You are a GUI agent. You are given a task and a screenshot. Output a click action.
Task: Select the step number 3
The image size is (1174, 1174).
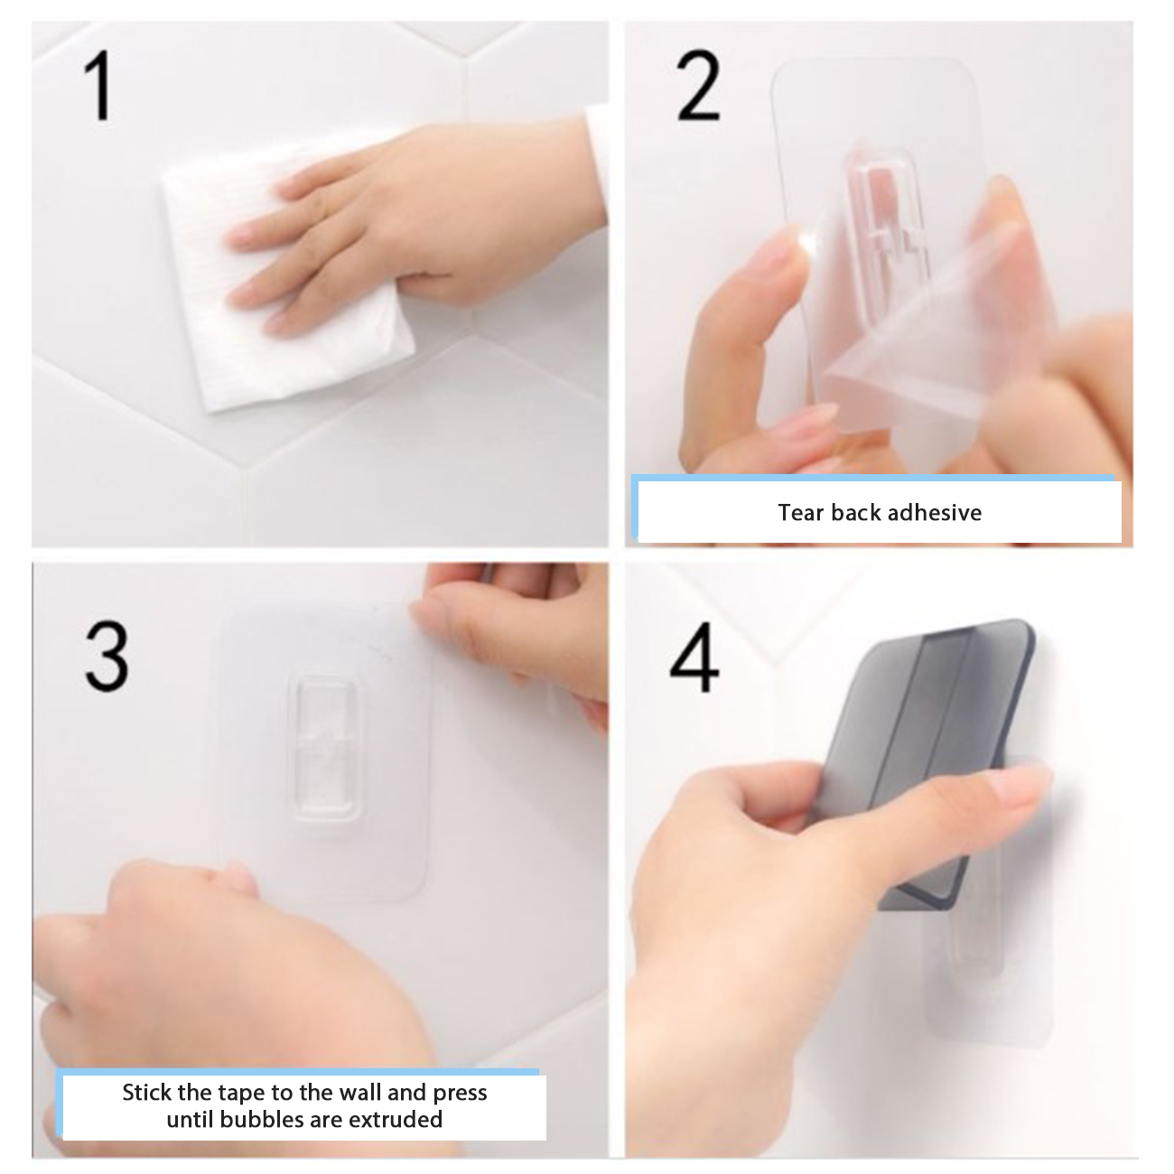(x=107, y=657)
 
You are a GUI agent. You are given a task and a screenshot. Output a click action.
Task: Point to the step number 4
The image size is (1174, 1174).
(x=694, y=657)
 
